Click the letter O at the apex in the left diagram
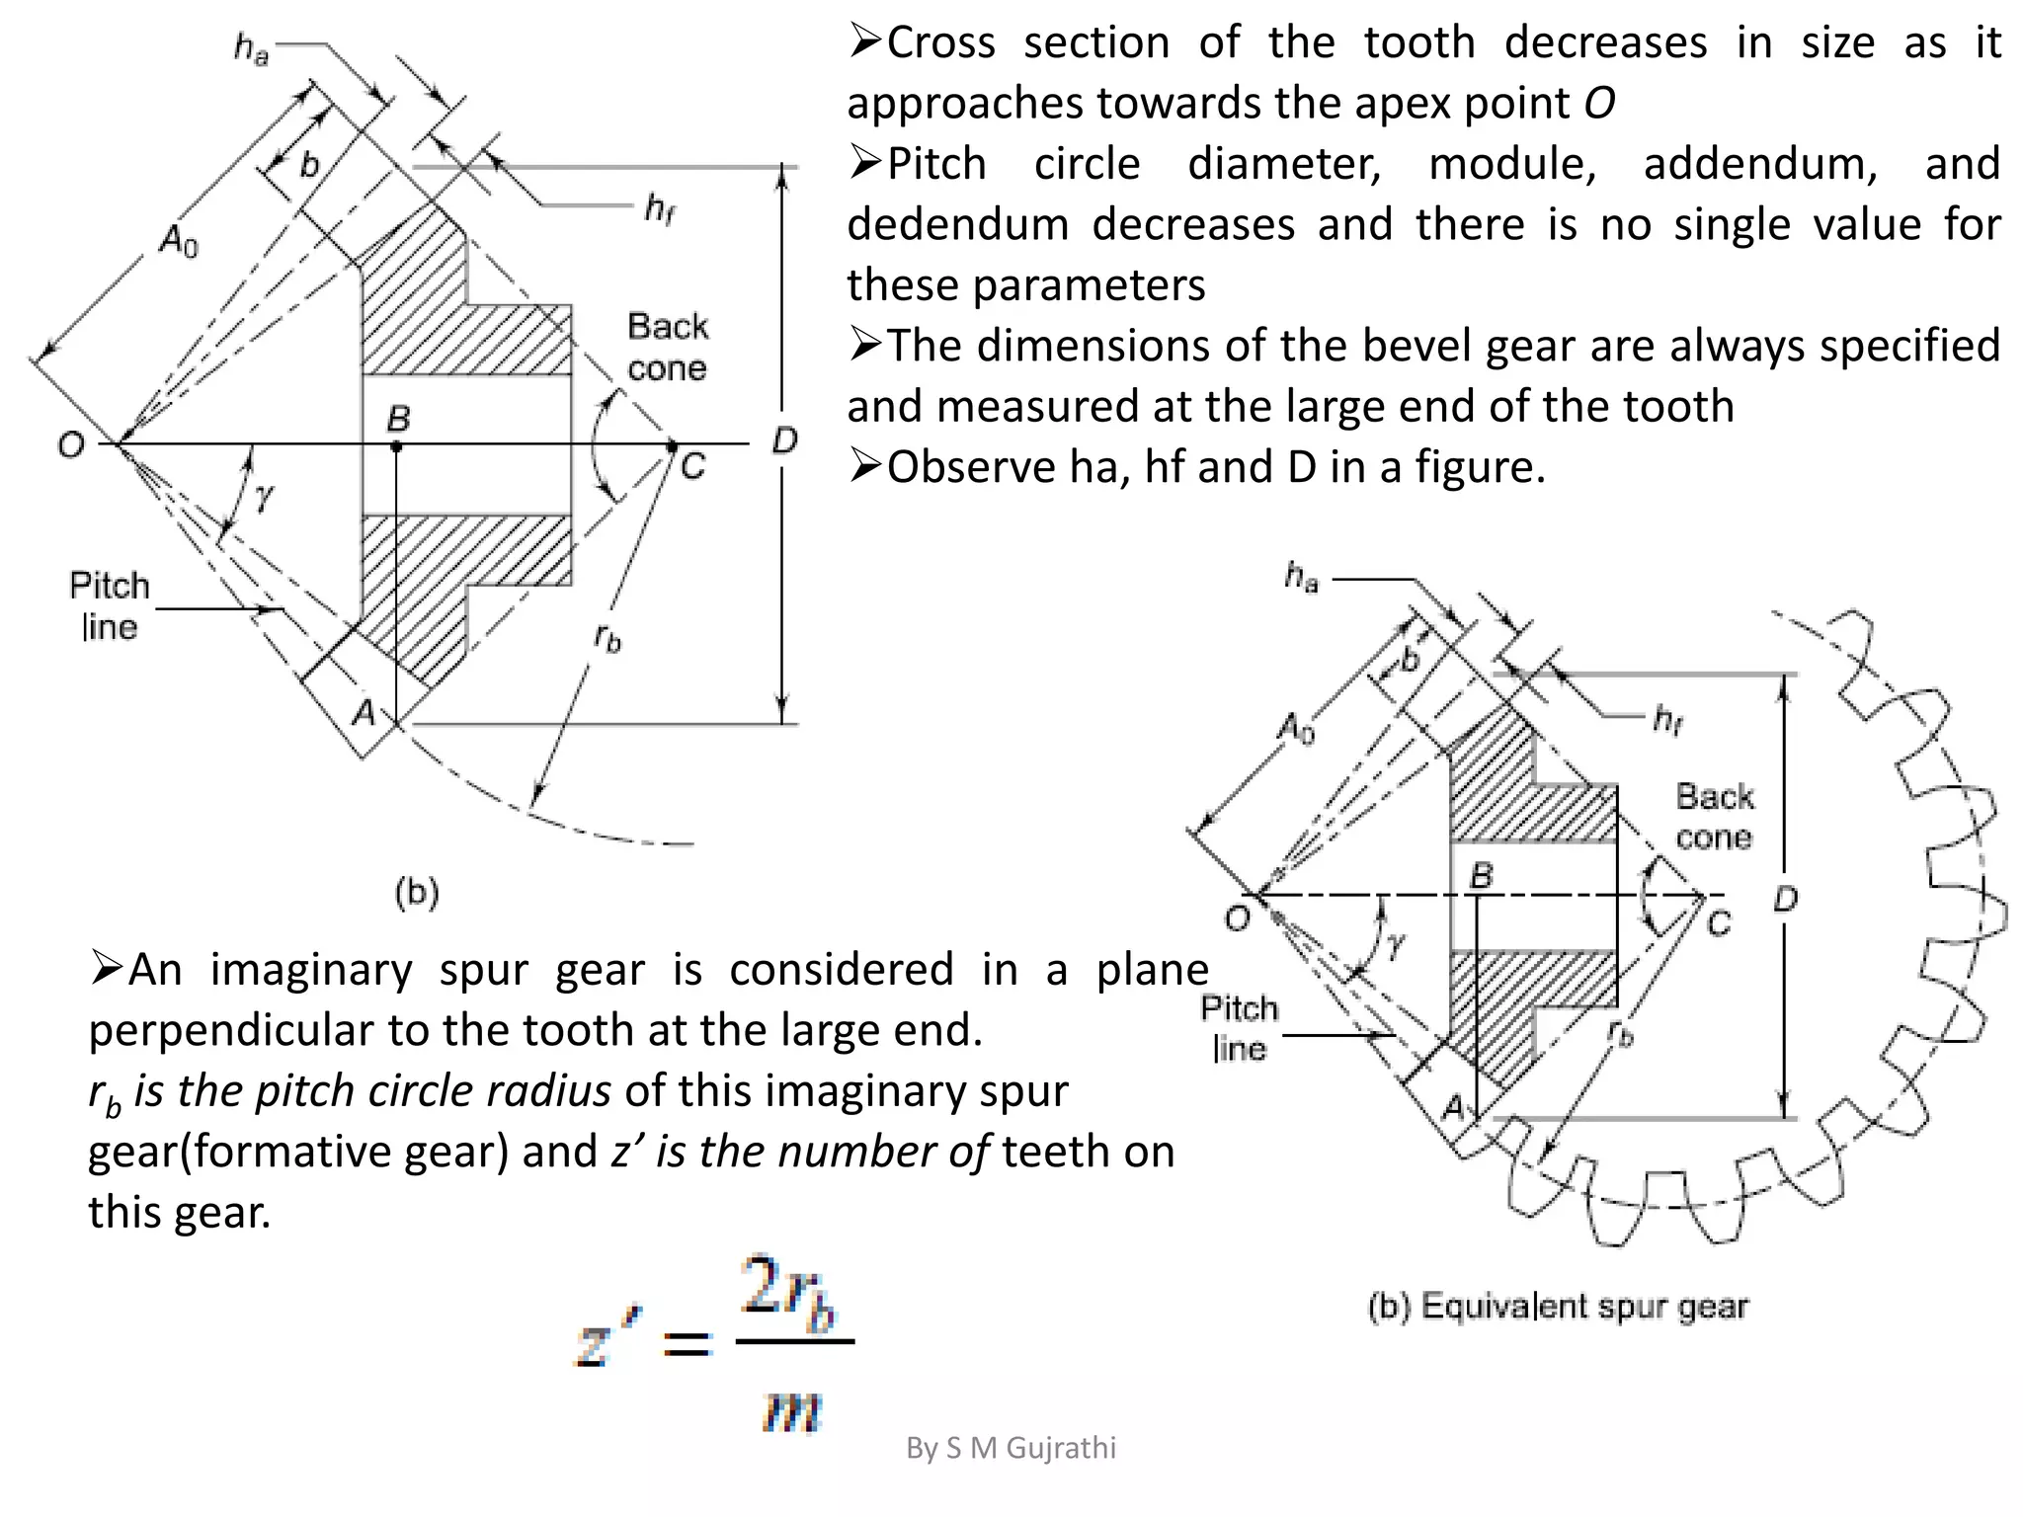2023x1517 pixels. pyautogui.click(x=71, y=445)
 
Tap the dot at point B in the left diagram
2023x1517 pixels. pyautogui.click(x=396, y=447)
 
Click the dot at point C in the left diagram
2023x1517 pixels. pyautogui.click(x=672, y=447)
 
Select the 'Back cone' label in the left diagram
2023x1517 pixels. pyautogui.click(x=668, y=347)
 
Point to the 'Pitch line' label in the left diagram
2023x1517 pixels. pyautogui.click(x=109, y=605)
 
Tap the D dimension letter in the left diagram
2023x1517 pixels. pyautogui.click(x=784, y=440)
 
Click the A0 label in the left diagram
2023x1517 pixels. pyautogui.click(x=180, y=240)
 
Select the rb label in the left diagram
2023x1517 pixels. pyautogui.click(x=607, y=639)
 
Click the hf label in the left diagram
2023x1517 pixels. pyautogui.click(x=660, y=208)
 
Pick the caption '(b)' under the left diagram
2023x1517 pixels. pyautogui.click(x=417, y=893)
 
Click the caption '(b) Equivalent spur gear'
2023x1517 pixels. pyautogui.click(x=1558, y=1307)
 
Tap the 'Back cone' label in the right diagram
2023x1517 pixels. pyautogui.click(x=1714, y=817)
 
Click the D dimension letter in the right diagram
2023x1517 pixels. pyautogui.click(x=1785, y=900)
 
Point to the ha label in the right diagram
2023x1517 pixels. pyautogui.click(x=1301, y=576)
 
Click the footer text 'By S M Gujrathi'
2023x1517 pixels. pyautogui.click(x=1011, y=1448)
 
